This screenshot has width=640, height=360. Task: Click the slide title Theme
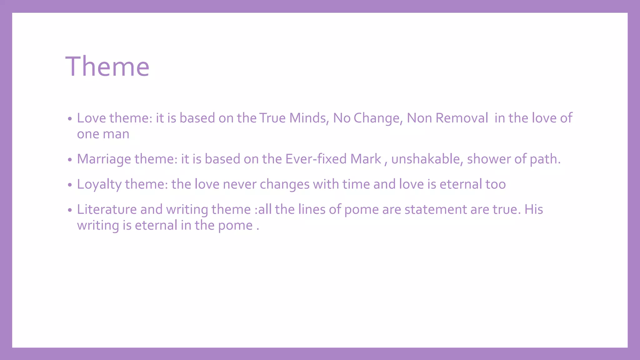[x=107, y=66]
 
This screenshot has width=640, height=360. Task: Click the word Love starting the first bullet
[x=91, y=118]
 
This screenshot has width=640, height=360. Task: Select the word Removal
[x=462, y=118]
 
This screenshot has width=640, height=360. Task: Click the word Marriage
[x=104, y=159]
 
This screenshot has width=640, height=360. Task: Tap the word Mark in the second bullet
[x=366, y=159]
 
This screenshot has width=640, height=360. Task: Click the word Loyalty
[x=99, y=184]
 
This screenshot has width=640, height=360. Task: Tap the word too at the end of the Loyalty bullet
[x=495, y=184]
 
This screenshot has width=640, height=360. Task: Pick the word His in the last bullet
[x=533, y=209]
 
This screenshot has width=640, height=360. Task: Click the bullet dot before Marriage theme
[x=70, y=160]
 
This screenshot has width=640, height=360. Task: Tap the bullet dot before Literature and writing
[x=70, y=210]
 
